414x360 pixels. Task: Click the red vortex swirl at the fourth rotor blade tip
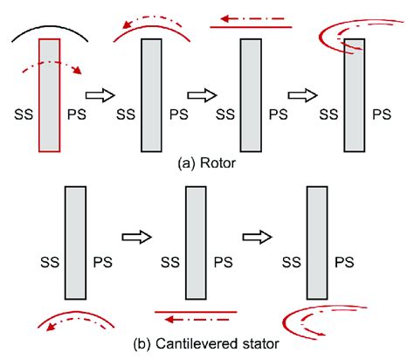[x=342, y=32]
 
